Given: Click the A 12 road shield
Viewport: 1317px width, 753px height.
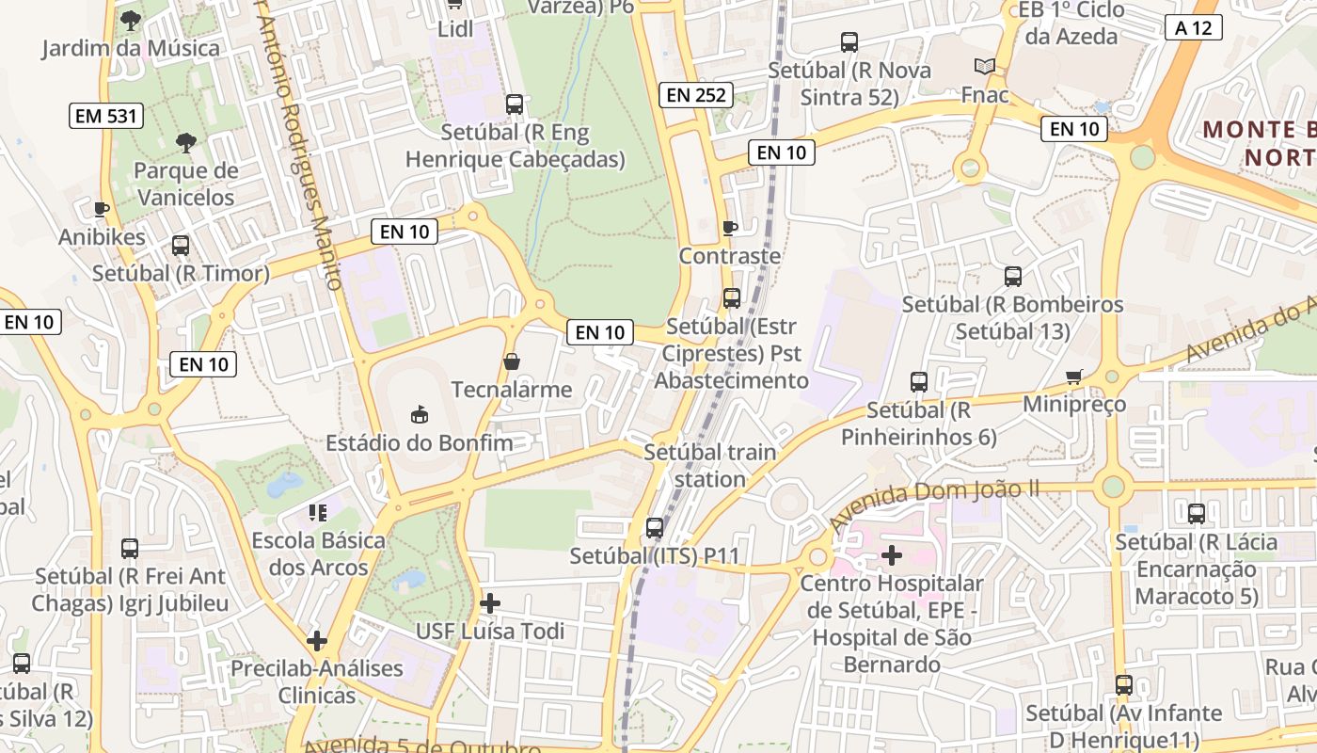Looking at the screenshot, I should [x=1193, y=27].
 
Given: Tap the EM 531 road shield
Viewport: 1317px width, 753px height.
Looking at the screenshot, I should [x=106, y=117].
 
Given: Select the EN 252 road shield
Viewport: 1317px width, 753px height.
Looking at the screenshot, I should [x=698, y=94].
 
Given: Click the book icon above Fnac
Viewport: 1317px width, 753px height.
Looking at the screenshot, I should [x=985, y=66].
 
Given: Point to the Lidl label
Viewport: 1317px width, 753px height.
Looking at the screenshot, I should [x=456, y=30].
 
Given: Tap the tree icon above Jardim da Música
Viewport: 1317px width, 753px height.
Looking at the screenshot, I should [x=131, y=19].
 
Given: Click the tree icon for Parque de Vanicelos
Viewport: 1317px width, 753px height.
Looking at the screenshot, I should [x=185, y=143].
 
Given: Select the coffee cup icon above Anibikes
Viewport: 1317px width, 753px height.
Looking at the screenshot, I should [x=102, y=209].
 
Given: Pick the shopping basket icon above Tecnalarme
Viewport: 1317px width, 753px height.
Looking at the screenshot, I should [x=512, y=361].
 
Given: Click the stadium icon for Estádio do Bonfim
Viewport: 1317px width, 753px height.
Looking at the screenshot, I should [x=420, y=414].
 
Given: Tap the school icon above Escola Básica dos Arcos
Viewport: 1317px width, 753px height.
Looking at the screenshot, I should [x=318, y=512].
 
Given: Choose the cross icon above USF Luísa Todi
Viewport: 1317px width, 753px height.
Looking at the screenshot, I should [x=490, y=602].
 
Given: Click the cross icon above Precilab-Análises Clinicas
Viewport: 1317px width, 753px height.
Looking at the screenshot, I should [x=317, y=641].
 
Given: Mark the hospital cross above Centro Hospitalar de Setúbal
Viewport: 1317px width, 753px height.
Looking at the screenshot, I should [x=891, y=555].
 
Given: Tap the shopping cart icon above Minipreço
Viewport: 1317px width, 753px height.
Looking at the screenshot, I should [x=1073, y=376].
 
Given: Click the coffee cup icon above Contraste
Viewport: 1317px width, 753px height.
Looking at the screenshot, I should [x=729, y=228].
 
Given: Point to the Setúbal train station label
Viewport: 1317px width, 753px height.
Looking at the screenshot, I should [x=710, y=465].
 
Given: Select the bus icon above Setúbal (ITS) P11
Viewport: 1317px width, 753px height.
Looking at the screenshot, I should [x=655, y=528].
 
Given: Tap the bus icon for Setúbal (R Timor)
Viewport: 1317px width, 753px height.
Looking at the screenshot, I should [x=181, y=246].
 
